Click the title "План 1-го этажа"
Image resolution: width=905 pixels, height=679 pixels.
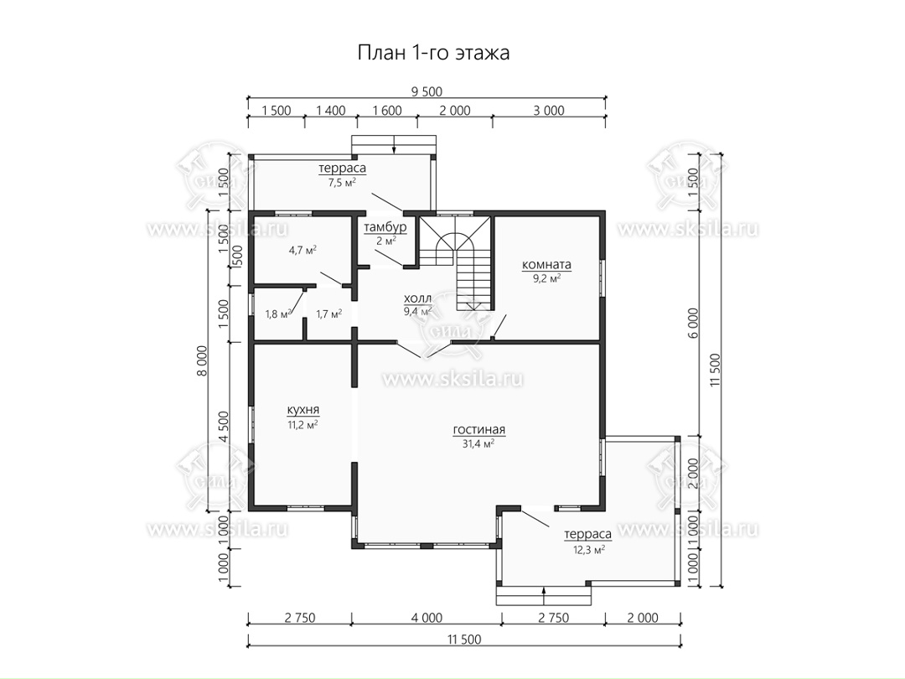click(x=433, y=53)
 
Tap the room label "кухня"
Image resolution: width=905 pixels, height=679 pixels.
click(x=303, y=410)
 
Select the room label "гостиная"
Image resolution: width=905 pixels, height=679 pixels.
click(x=479, y=429)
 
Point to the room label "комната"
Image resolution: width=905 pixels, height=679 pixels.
click(x=546, y=264)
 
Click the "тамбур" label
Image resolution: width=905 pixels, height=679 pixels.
click(x=385, y=227)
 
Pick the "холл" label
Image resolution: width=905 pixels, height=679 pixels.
click(x=417, y=298)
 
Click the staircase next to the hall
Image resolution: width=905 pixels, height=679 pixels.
click(x=456, y=262)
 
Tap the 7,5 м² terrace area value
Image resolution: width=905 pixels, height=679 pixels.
click(x=342, y=183)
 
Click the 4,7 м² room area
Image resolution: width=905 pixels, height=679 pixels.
click(x=303, y=251)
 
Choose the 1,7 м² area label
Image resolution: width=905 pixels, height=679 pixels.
click(x=329, y=314)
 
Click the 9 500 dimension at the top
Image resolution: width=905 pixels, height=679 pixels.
click(x=427, y=92)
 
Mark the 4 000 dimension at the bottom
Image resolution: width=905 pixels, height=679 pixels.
click(x=427, y=618)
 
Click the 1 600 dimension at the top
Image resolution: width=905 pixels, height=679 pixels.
click(x=387, y=111)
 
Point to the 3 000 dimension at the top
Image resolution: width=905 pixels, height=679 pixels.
click(x=549, y=111)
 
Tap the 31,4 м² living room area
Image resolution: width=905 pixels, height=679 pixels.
click(x=479, y=444)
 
